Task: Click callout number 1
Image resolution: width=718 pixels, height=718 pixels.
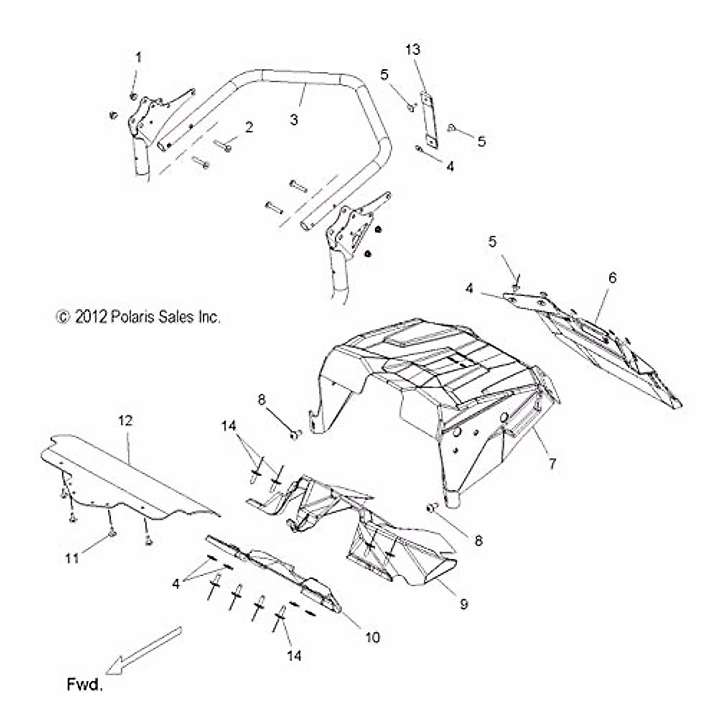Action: [138, 58]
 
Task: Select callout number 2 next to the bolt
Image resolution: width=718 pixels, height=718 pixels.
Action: [248, 126]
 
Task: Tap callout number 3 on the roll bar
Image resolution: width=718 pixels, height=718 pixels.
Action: [294, 119]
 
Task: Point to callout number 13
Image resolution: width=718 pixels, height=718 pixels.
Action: [413, 50]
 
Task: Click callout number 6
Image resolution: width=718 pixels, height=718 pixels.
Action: [612, 278]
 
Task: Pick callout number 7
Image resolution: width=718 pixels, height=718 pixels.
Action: [552, 462]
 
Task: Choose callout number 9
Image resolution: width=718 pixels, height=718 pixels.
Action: [464, 604]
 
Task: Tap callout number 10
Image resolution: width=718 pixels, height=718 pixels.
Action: [372, 637]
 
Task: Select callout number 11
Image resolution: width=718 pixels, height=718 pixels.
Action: [72, 559]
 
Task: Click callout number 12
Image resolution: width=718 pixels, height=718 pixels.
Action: [126, 421]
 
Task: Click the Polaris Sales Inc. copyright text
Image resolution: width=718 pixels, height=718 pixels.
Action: [138, 317]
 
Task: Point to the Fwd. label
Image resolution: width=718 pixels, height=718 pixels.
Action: [84, 685]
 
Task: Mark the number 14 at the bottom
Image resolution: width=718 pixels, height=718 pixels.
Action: [293, 655]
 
